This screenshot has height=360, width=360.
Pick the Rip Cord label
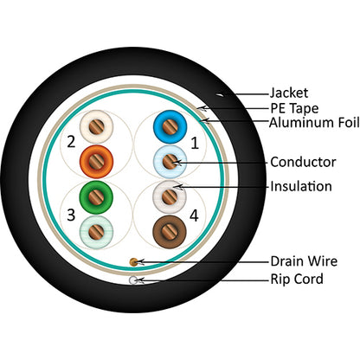coord(298,279)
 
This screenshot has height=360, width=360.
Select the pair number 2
coord(71,141)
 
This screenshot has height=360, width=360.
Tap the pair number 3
coord(71,214)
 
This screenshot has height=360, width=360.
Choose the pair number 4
coord(195,214)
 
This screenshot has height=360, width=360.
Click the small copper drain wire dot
coord(132,260)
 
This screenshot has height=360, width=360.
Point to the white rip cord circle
coord(132,280)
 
